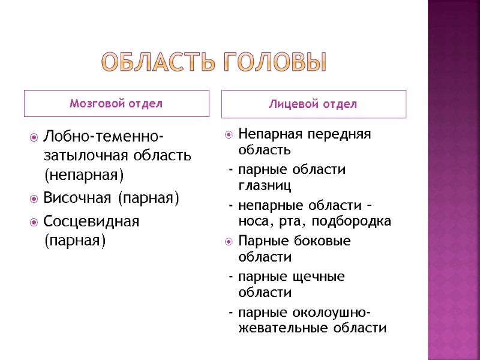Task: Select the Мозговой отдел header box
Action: [116, 103]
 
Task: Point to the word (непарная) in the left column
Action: [83, 175]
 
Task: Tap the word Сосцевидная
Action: [91, 221]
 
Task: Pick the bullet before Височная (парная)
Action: [33, 198]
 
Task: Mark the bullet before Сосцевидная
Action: [33, 221]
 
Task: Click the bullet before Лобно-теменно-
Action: [33, 137]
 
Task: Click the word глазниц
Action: [265, 185]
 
